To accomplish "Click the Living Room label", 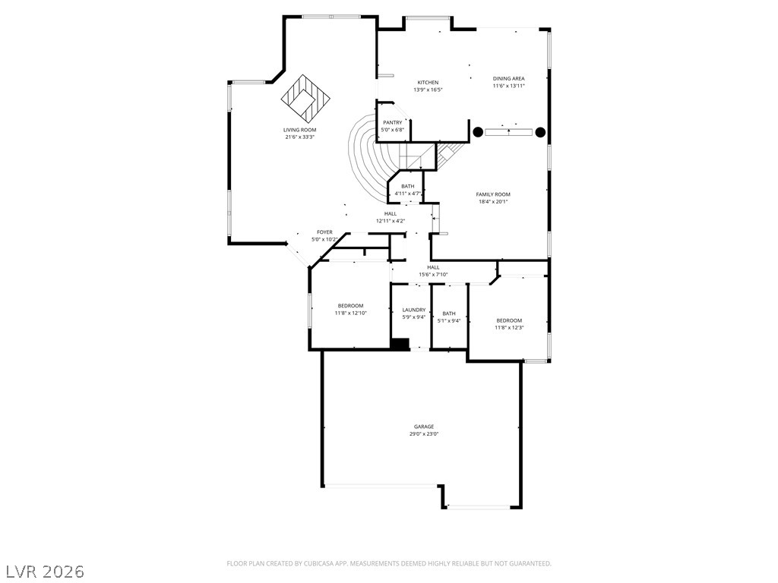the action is [299, 130].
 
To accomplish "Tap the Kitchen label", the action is [428, 82].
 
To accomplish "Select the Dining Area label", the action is [508, 78].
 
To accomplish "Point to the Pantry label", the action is [393, 122].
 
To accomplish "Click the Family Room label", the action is [493, 194].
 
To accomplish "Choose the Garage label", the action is [424, 427].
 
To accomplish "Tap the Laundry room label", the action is [414, 310].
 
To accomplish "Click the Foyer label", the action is [325, 232].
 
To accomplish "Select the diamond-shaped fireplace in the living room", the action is [305, 99].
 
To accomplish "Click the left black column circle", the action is [478, 132].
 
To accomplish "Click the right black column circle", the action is [540, 132].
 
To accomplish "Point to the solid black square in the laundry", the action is [400, 344].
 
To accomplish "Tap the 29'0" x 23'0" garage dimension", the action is [424, 433].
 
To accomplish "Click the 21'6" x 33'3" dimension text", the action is [299, 137].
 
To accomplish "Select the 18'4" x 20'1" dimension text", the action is [493, 201].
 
